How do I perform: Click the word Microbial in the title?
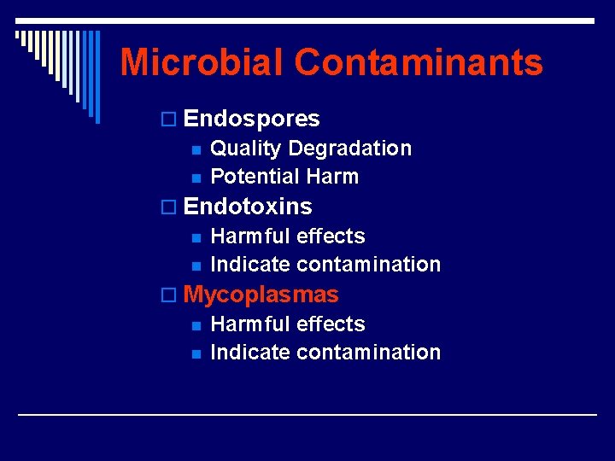point(202,62)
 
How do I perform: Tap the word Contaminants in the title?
point(419,62)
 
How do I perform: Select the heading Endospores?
point(251,119)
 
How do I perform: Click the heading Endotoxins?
point(248,207)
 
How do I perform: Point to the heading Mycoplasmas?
point(261,295)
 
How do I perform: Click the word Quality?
point(245,149)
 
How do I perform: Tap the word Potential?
point(254,177)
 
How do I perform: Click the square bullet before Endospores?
point(174,120)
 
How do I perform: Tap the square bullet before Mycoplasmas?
point(174,296)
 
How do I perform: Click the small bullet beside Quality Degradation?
point(196,150)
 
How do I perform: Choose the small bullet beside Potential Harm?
point(196,178)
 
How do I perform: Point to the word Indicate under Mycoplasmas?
point(250,353)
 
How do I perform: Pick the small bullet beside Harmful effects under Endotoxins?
point(196,238)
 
